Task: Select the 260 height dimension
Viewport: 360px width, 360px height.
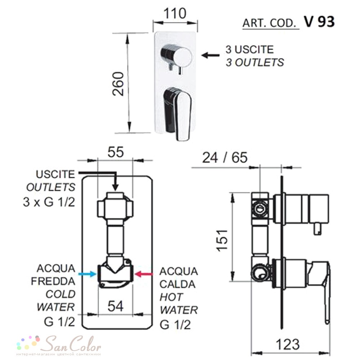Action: point(118,84)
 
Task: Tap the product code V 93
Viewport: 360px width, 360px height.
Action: point(319,22)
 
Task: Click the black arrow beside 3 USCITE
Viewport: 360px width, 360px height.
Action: point(210,55)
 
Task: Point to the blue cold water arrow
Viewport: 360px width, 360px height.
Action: point(87,274)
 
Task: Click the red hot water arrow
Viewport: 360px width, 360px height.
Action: point(144,274)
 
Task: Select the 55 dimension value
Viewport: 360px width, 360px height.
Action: point(116,152)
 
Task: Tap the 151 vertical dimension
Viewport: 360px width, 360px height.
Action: point(222,240)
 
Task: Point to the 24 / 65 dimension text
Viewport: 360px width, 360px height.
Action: point(225,158)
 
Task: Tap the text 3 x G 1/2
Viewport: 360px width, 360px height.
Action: point(49,202)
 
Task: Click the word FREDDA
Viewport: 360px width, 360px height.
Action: point(53,281)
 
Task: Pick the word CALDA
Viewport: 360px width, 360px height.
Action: point(177,284)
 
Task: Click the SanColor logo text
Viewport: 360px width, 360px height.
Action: point(72,344)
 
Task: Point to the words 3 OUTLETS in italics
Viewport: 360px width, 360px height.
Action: point(255,62)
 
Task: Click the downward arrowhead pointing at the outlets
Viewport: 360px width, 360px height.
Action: point(116,187)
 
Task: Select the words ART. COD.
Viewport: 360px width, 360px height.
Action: point(269,23)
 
